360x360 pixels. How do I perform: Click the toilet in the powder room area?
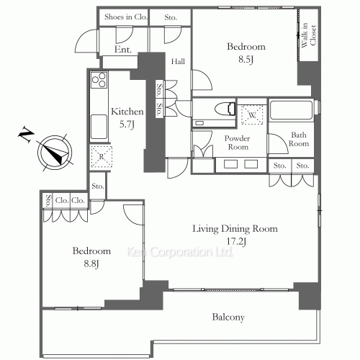point(225,109)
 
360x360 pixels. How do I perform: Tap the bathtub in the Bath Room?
point(291,110)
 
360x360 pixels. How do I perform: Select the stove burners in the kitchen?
point(99,80)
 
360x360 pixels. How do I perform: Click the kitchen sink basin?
point(99,127)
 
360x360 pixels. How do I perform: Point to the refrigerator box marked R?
point(102,157)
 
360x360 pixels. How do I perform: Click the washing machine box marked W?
point(252,114)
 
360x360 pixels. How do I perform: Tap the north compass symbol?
point(55,153)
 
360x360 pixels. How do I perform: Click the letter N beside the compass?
point(26,135)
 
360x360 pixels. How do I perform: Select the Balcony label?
point(228,318)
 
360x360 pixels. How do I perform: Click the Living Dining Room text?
point(235,229)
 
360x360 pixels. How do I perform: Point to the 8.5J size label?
point(246,59)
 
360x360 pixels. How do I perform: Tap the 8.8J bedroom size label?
point(91,264)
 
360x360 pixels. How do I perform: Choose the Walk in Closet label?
point(309,35)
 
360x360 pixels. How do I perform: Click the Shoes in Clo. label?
point(125,17)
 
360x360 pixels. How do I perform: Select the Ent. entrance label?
point(123,50)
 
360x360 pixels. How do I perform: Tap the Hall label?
point(178,62)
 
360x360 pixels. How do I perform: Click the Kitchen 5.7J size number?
point(127,124)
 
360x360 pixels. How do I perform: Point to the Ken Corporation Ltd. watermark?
point(180,252)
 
